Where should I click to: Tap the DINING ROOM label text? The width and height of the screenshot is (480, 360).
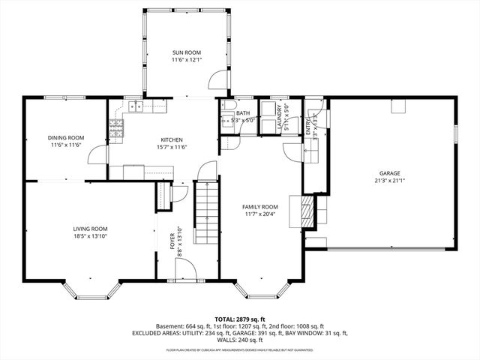55,137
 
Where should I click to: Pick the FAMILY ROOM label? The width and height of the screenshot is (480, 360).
259,206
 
